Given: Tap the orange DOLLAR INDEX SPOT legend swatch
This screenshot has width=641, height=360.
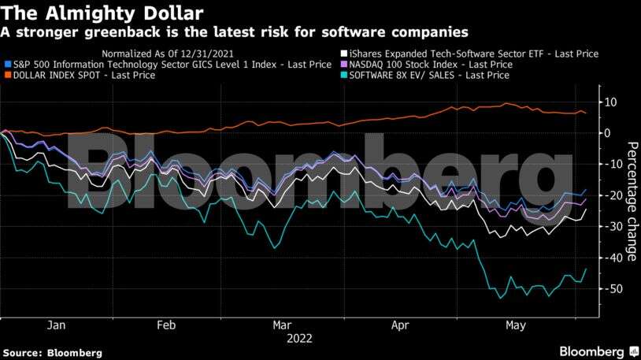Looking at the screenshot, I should click(7, 76).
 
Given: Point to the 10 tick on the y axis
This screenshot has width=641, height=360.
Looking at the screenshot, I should click(609, 102).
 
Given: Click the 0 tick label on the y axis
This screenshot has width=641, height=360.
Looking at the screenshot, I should click(606, 133).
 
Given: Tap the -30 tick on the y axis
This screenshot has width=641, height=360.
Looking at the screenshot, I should click(608, 227).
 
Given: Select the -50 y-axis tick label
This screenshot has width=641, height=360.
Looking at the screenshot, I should click(608, 289).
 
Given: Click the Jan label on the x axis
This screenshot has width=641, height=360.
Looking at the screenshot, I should click(56, 325).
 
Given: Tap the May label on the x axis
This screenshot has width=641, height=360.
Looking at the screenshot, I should click(514, 325).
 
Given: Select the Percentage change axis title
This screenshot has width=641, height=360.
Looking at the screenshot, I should click(632, 201).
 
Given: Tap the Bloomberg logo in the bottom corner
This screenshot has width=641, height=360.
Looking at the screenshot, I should click(591, 351).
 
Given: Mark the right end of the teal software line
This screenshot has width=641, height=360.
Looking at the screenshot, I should click(586, 269).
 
